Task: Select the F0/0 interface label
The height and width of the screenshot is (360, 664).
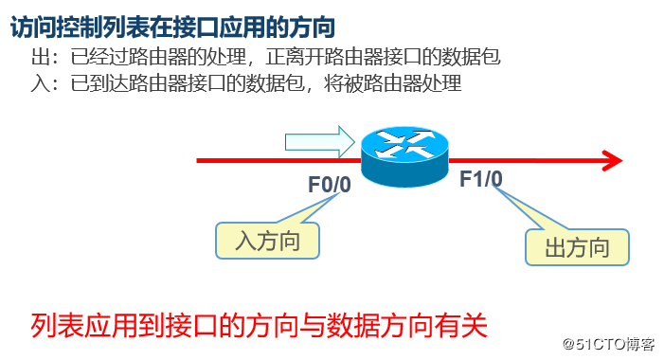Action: [329, 184]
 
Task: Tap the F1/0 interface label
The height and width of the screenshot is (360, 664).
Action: [481, 179]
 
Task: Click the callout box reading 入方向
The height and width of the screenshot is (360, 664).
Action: [267, 241]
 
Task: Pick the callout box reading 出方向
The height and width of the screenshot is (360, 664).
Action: [577, 248]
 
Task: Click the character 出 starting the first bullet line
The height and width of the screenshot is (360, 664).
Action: [39, 58]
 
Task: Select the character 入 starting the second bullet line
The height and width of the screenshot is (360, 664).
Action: [39, 84]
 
